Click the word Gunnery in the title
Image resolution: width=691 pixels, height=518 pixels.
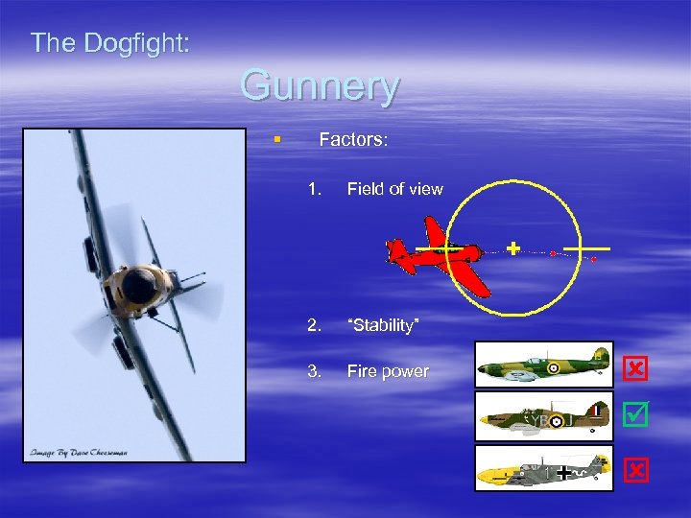coord(319,86)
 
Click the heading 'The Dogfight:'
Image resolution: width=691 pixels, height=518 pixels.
coord(110,42)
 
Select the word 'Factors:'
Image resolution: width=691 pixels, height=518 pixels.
coord(353,140)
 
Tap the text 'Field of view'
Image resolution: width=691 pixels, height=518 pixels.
coord(394,189)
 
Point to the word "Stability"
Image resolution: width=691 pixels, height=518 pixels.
coord(383,326)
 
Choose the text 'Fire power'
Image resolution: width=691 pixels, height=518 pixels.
coord(388,371)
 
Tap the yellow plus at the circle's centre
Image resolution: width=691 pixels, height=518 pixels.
coord(512,248)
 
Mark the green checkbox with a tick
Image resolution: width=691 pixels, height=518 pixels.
coord(635,414)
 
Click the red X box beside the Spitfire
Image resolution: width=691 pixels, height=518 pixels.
coord(635,368)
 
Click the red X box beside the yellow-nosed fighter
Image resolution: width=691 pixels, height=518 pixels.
coord(635,469)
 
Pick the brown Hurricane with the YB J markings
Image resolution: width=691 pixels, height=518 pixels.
coord(543,419)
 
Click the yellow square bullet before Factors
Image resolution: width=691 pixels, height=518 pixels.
coord(277,140)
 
